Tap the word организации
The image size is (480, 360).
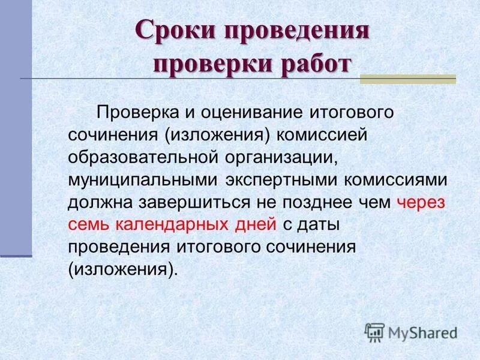pos(286,157)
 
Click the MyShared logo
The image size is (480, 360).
pos(411,332)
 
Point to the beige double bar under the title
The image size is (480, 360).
pos(408,79)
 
